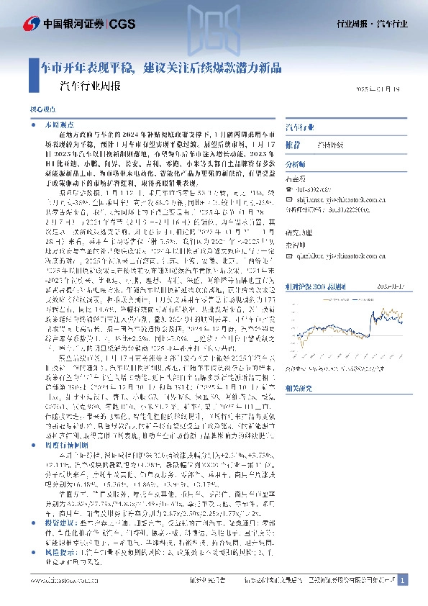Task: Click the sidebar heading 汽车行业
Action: pos(300,127)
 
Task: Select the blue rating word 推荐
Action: pos(293,144)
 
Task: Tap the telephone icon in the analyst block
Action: pos(290,190)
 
